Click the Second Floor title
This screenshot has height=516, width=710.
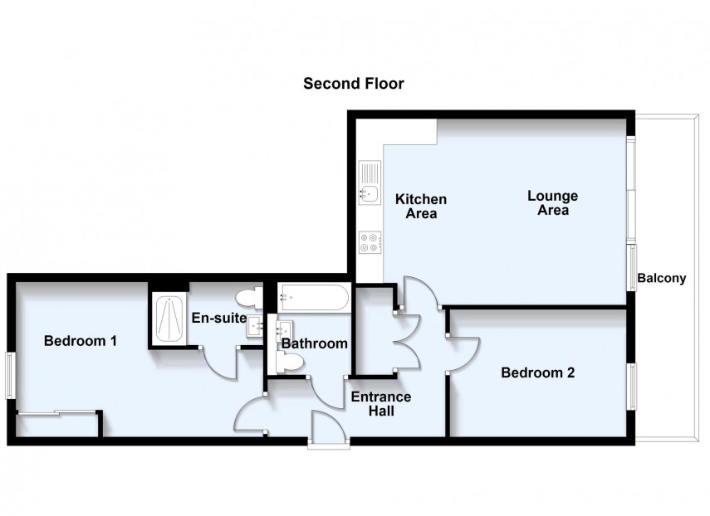click(x=353, y=83)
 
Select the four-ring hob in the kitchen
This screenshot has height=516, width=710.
click(x=370, y=243)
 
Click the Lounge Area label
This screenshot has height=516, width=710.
click(x=552, y=203)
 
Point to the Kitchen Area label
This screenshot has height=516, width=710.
click(x=420, y=207)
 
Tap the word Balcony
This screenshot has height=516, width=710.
click(x=662, y=278)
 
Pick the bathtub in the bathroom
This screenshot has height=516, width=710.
click(x=313, y=297)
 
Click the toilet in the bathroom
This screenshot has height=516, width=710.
click(x=289, y=362)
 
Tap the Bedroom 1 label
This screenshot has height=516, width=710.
click(x=80, y=340)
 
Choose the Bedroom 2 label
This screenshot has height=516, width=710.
click(x=537, y=372)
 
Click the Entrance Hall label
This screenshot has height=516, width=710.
click(x=380, y=403)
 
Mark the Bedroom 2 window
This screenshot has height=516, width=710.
click(x=632, y=387)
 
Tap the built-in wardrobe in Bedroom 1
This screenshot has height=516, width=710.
click(x=57, y=423)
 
